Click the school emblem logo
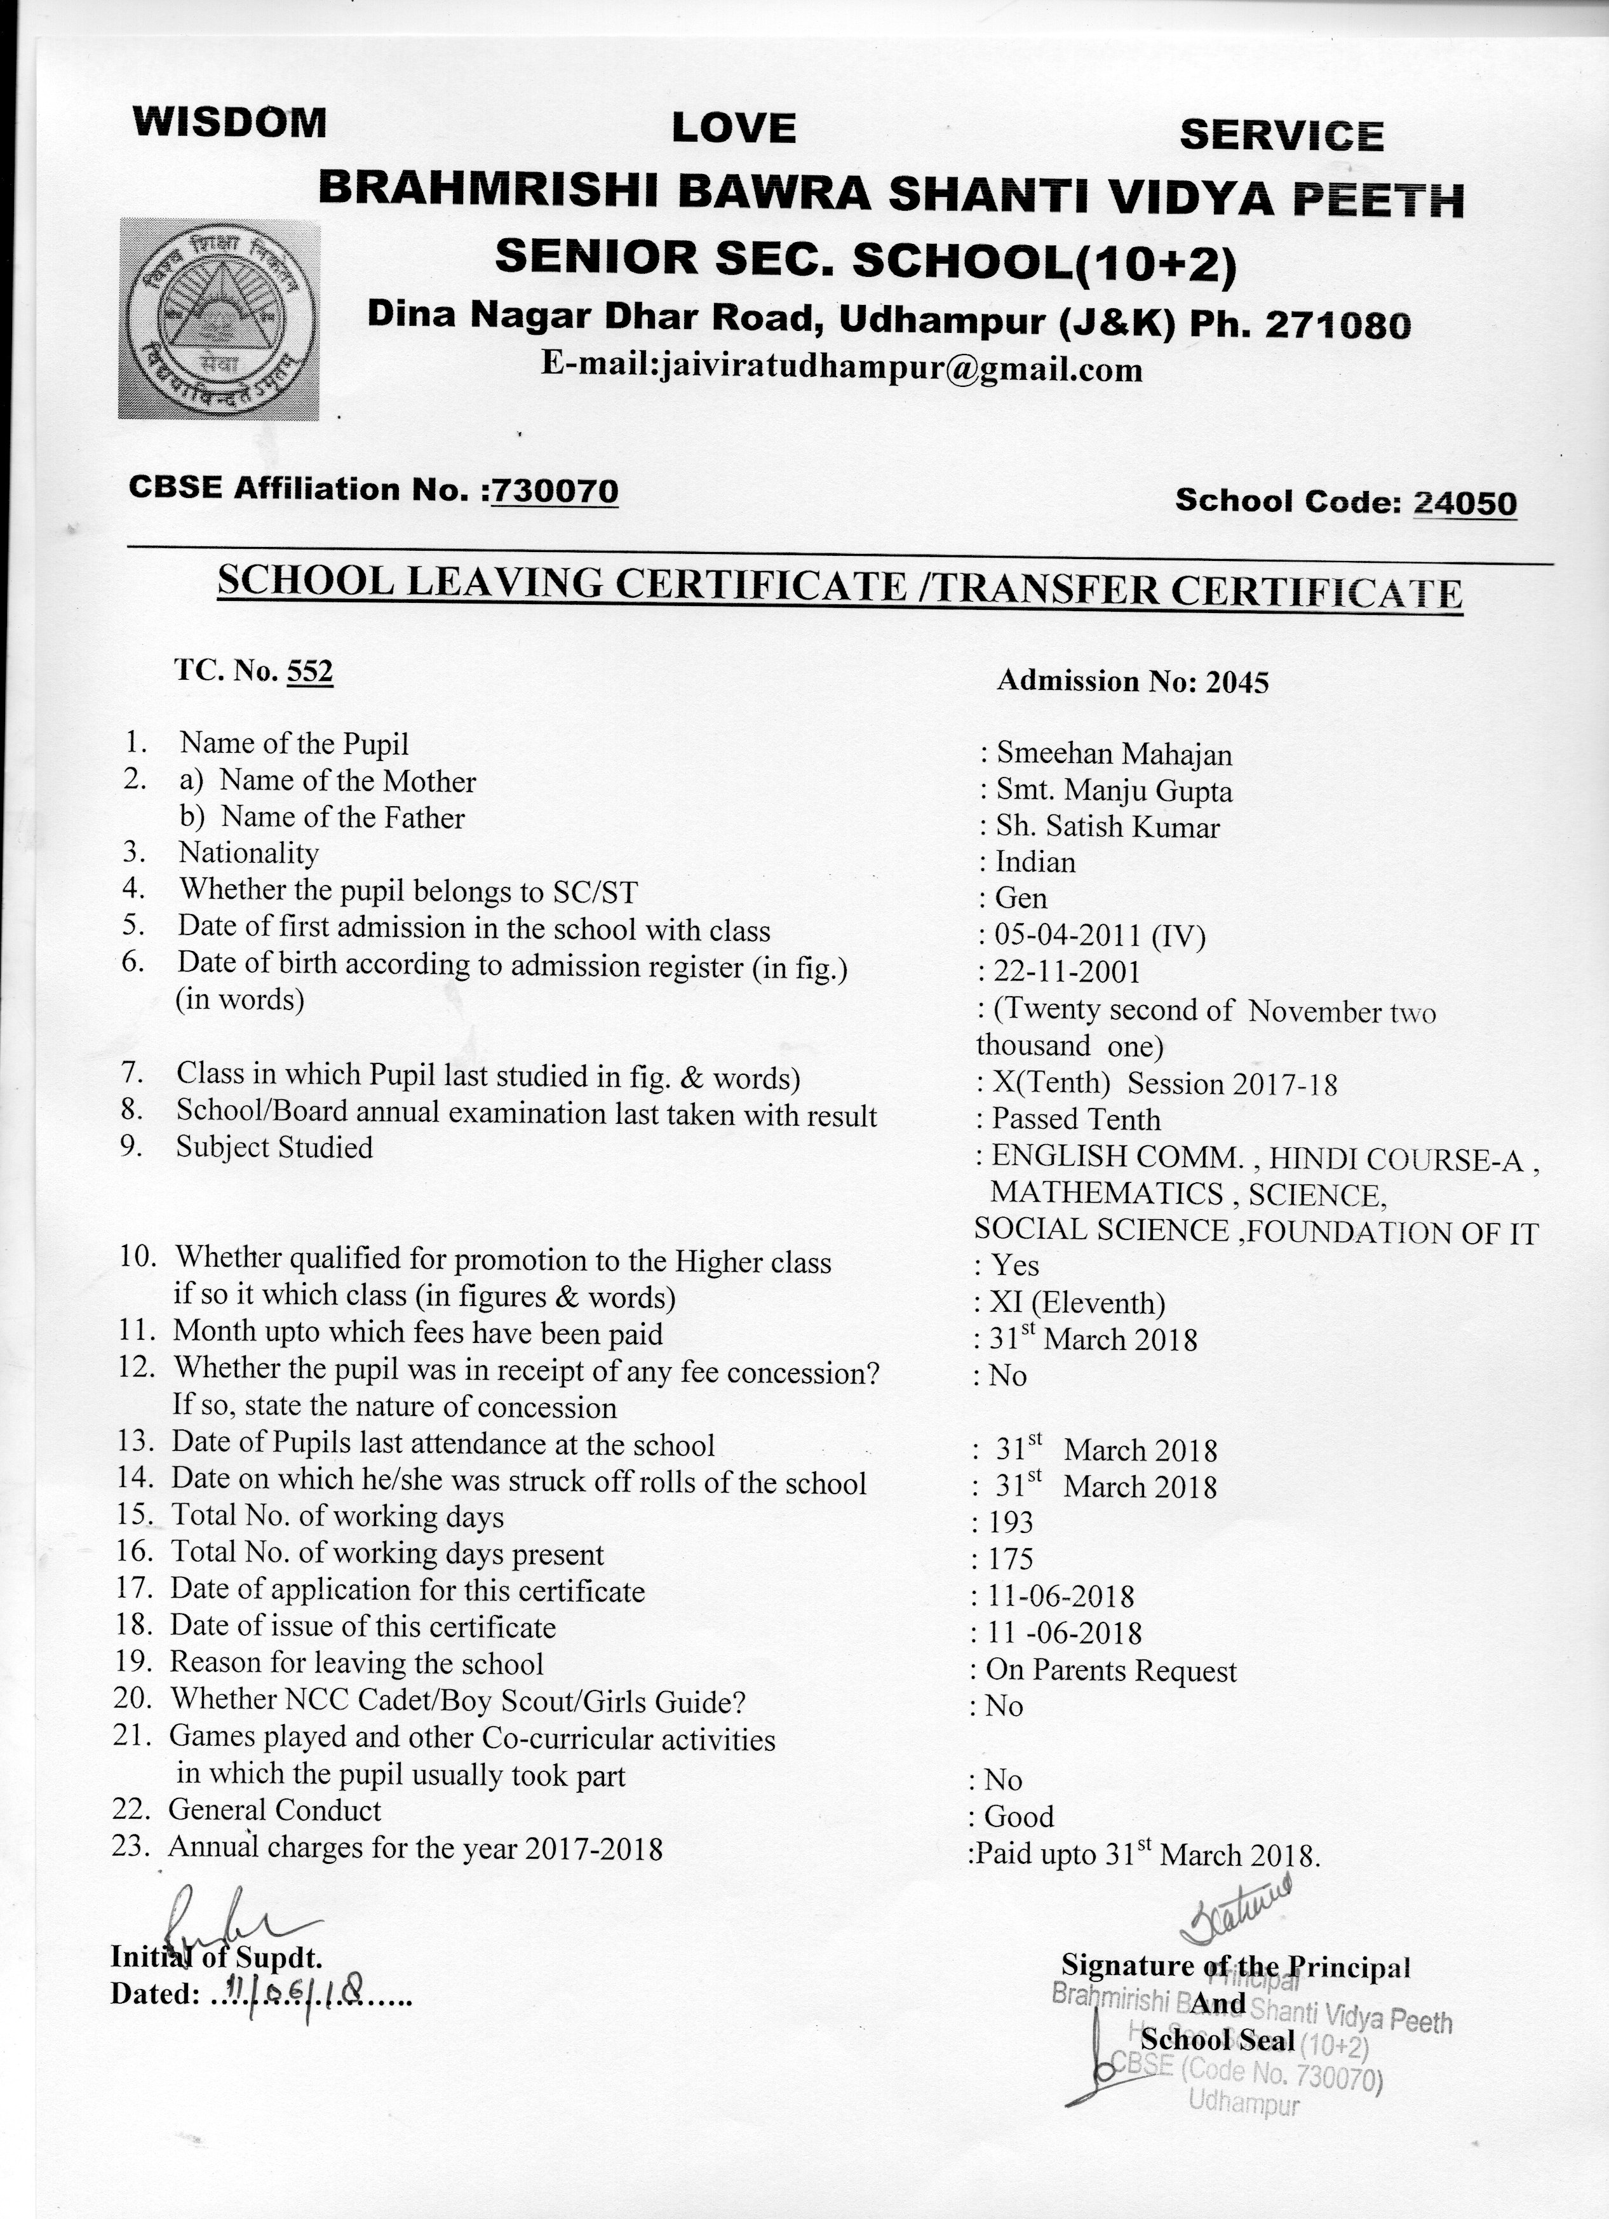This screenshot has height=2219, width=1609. click(x=219, y=319)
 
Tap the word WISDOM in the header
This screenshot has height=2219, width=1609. click(x=230, y=123)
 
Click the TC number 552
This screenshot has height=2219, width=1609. click(x=309, y=671)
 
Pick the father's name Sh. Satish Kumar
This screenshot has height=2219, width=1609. click(x=1107, y=828)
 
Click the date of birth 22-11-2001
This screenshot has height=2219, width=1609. click(x=1066, y=971)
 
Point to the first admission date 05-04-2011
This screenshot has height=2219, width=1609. click(x=1068, y=936)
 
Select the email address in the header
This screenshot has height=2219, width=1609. click(x=841, y=369)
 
